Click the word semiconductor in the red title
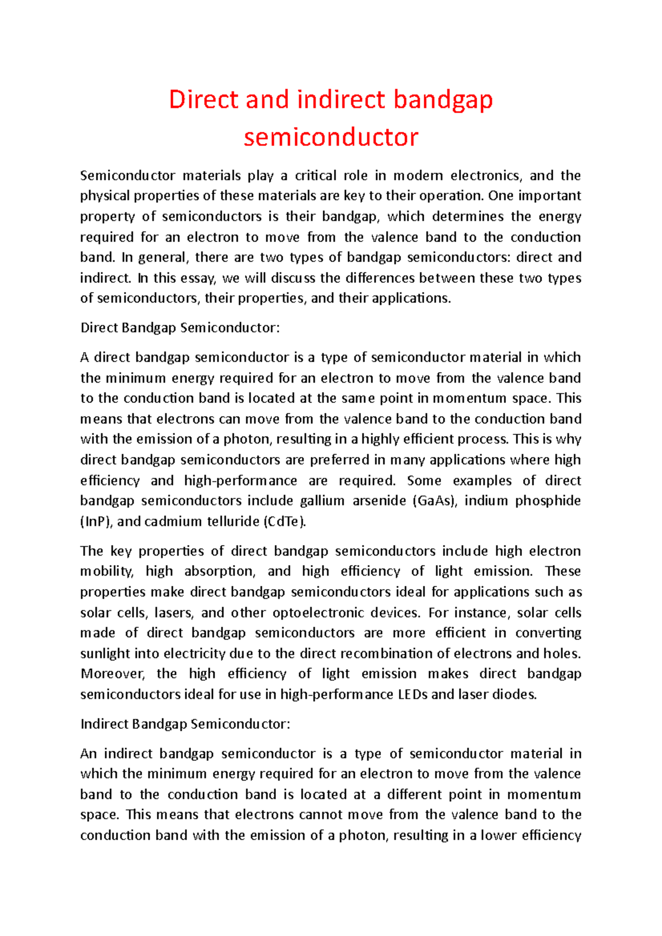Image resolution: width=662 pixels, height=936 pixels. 331,137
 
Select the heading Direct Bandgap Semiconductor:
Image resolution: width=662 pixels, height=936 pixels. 180,328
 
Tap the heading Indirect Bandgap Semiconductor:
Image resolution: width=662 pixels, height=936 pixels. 185,724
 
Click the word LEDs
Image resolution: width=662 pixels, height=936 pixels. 412,695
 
